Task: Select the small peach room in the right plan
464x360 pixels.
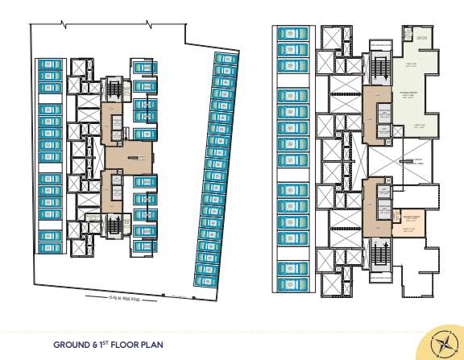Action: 408,221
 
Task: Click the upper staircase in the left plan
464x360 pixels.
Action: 114,88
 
